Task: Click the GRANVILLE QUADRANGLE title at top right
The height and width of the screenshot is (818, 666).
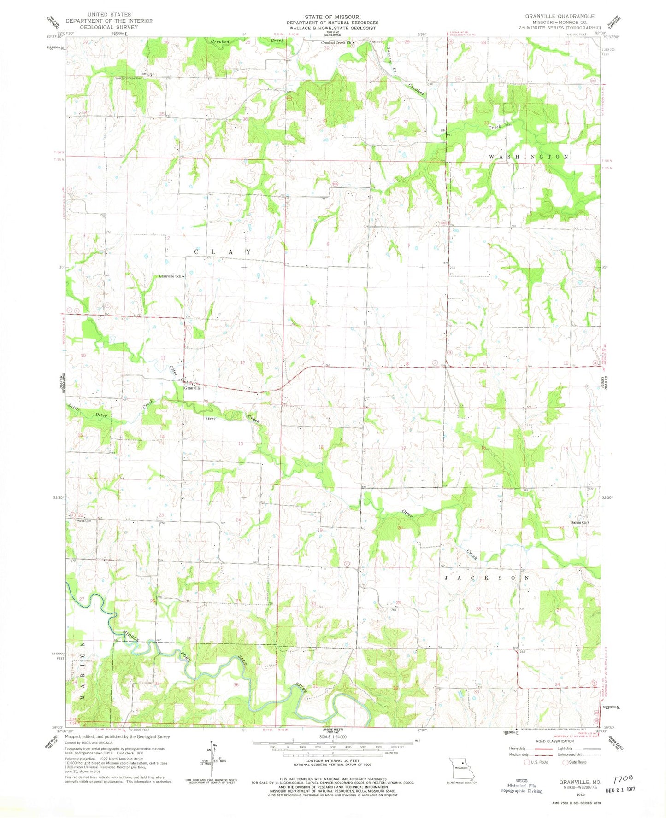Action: [560, 16]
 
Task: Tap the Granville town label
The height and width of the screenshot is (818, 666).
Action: [192, 388]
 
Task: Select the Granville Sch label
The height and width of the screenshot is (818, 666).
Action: [171, 276]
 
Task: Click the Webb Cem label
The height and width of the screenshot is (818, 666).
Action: [84, 521]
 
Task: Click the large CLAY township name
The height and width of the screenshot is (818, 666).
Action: [223, 252]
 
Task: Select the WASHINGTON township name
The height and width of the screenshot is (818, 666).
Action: [528, 157]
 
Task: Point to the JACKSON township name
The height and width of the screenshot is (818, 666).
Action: [486, 577]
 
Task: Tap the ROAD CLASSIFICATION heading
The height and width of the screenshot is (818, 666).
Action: [554, 741]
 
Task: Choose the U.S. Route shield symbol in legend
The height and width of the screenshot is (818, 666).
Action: [528, 762]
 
